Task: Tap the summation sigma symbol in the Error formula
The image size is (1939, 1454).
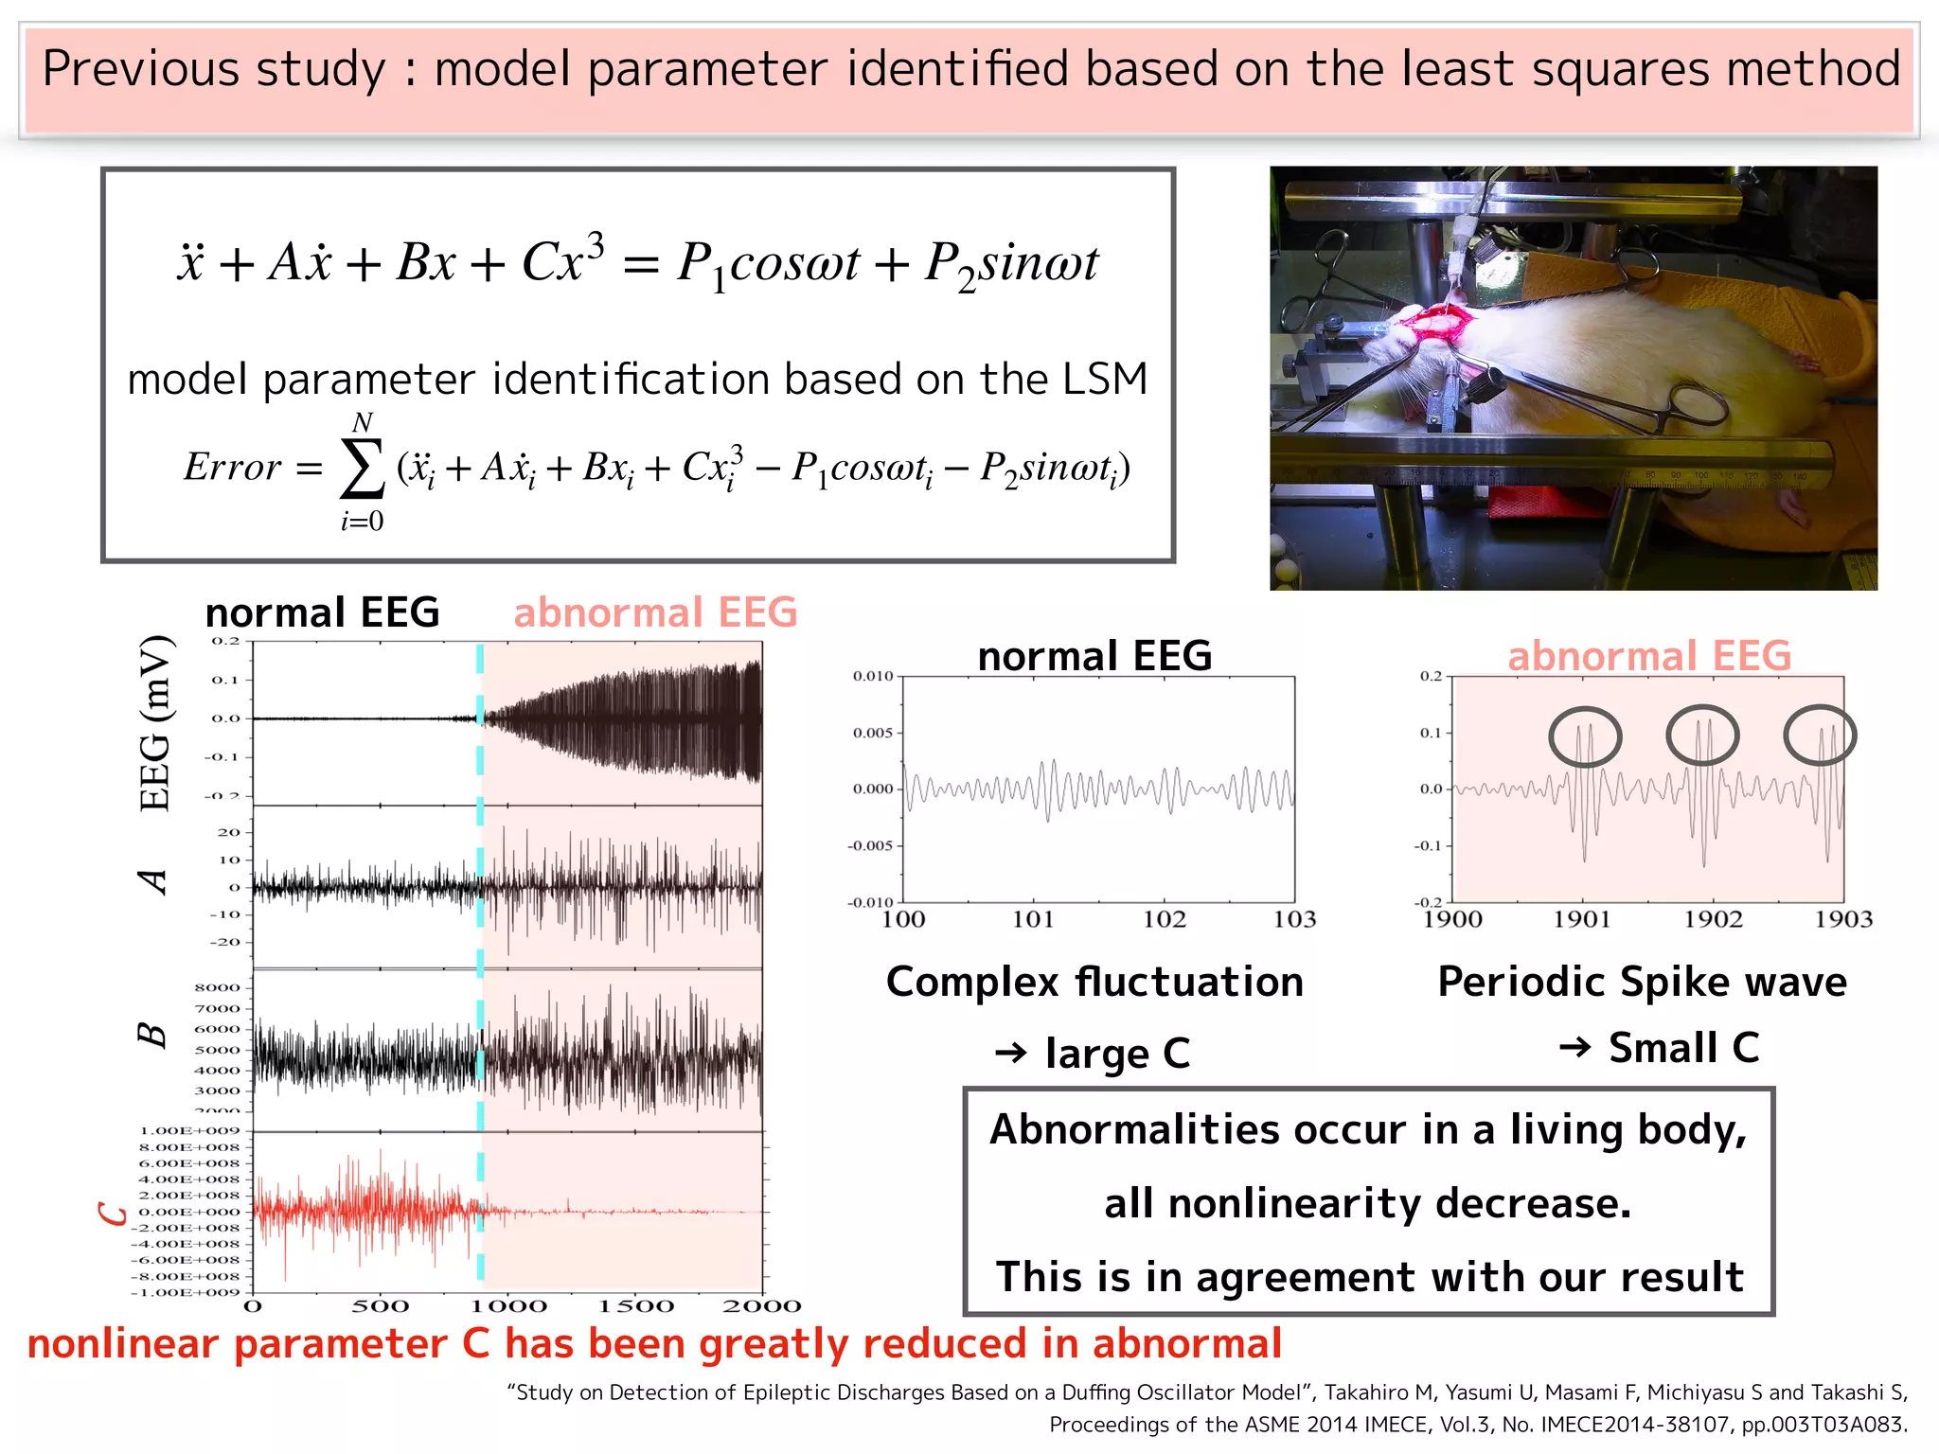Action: [362, 469]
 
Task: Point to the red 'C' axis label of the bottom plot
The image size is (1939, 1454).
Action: [114, 1213]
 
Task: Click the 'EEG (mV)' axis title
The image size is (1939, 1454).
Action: [155, 723]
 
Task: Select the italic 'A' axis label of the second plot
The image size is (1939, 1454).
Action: [153, 882]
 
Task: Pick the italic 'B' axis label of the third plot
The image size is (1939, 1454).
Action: [152, 1035]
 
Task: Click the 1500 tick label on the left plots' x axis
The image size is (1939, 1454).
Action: [636, 1307]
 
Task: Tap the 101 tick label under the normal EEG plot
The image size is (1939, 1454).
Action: [1033, 919]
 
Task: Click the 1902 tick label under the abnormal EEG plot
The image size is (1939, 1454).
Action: [1713, 919]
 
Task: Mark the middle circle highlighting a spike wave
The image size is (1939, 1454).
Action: [1702, 735]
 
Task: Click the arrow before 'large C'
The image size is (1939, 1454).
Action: [1011, 1053]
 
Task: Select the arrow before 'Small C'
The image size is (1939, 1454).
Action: [1574, 1047]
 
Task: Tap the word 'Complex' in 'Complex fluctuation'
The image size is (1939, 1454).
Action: [971, 983]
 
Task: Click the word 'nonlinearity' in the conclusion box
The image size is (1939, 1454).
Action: [1295, 1203]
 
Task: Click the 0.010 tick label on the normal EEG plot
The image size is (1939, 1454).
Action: [872, 676]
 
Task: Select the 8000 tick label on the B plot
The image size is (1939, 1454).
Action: [217, 987]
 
